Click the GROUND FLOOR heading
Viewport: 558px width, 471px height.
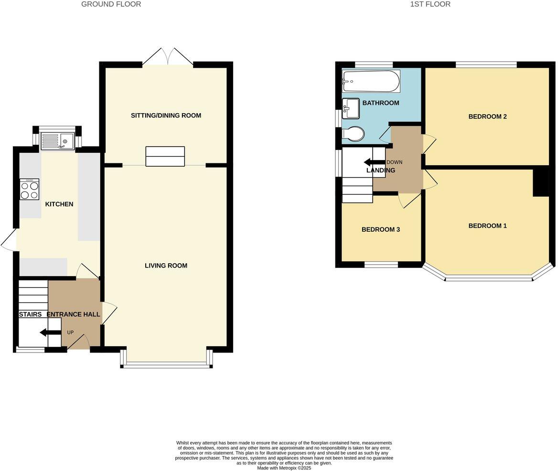(111, 4)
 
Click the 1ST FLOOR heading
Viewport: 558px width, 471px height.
(430, 4)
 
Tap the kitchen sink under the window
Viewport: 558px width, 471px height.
(57, 139)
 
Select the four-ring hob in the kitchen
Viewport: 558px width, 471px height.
(29, 189)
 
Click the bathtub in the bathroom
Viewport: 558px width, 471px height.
(371, 81)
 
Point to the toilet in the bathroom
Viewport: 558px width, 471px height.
(354, 134)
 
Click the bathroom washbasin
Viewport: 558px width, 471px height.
(351, 108)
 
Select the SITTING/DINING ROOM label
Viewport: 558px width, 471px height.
(166, 116)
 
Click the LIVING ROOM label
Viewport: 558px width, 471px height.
(166, 266)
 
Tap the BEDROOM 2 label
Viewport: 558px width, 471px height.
(487, 117)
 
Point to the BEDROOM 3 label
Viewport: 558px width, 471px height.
(380, 229)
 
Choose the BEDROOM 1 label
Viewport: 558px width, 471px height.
(487, 226)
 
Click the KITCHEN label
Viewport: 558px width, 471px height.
(59, 204)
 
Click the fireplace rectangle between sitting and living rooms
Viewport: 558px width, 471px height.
(165, 157)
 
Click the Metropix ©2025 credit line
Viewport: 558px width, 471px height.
(284, 468)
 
